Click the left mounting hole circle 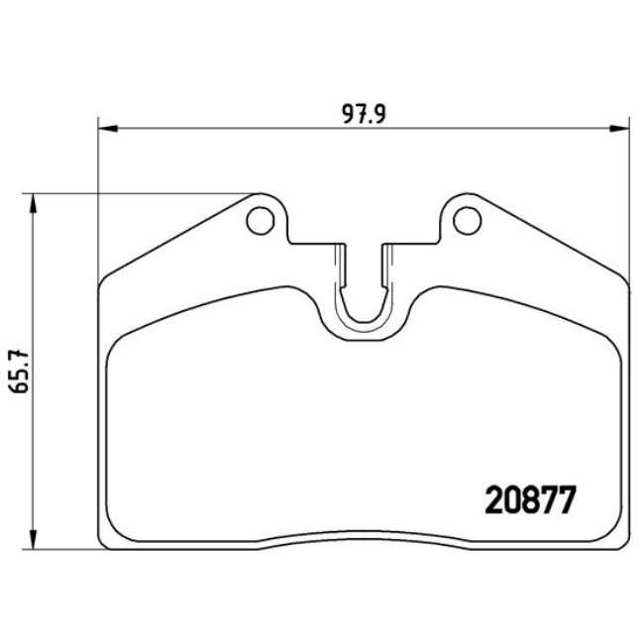click(x=260, y=220)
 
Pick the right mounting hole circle click(x=465, y=220)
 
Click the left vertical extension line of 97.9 click(x=98, y=198)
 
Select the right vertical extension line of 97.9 click(x=629, y=198)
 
